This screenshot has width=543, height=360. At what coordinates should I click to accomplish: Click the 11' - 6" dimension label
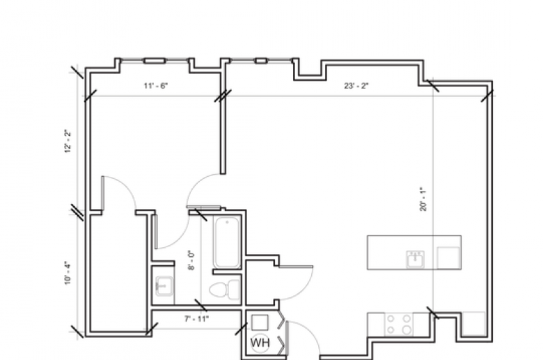[x=156, y=86]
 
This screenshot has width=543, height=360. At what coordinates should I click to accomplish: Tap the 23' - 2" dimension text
[x=356, y=86]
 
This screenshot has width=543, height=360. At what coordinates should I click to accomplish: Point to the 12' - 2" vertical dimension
[x=68, y=141]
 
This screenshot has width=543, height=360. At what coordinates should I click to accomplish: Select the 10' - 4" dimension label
[x=68, y=274]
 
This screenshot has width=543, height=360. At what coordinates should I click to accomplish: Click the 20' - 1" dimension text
[x=423, y=199]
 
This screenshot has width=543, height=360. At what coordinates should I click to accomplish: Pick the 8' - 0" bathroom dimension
[x=191, y=260]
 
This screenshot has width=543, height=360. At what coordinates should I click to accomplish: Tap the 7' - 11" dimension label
[x=197, y=319]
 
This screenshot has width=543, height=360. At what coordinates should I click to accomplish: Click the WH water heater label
[x=260, y=343]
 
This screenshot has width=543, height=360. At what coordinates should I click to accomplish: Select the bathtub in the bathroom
[x=227, y=242]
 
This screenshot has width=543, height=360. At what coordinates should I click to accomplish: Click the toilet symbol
[x=225, y=290]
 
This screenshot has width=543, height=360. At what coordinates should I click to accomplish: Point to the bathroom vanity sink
[x=164, y=286]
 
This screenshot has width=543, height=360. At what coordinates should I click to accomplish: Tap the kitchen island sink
[x=415, y=259]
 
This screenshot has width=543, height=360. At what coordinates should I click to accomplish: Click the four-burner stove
[x=399, y=324]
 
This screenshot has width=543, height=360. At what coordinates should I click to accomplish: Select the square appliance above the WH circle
[x=260, y=322]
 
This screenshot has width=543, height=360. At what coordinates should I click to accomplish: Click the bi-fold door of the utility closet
[x=283, y=335]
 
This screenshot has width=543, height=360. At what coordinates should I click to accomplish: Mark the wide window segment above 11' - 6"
[x=154, y=61]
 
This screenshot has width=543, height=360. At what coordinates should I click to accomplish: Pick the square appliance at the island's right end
[x=448, y=258]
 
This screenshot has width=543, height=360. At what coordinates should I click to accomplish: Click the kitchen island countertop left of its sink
[x=387, y=252]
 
